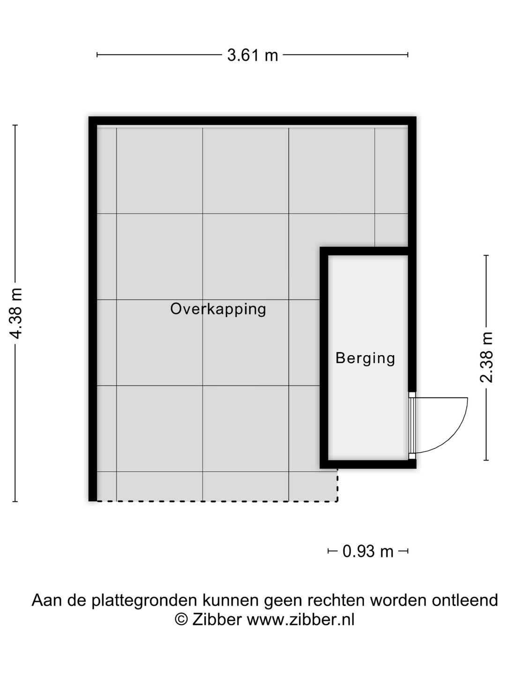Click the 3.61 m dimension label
coord(253,55)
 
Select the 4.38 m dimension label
coord(16,313)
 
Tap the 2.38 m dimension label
coord(487,357)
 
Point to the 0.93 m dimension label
coord(368,551)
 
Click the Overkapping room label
coord(218,309)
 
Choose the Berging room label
coord(365,358)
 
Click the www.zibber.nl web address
coord(300,619)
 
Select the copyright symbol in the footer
coord(181,619)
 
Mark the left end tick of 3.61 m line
coord(97,55)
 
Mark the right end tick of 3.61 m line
coord(408,55)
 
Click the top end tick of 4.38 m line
coord(15,125)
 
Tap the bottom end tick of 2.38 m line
coord(486,460)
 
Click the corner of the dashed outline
coord(337,501)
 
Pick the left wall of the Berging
coord(324,358)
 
